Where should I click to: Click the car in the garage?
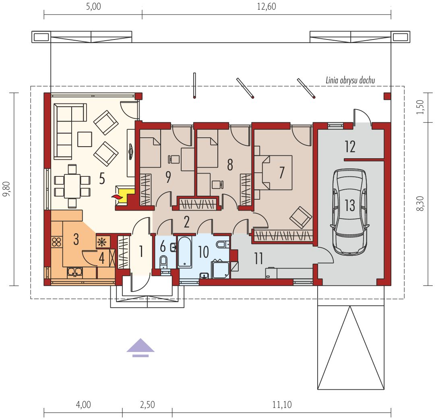coord(350,212)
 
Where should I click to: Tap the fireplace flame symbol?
coord(117,197)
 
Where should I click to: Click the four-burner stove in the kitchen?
coord(56,242)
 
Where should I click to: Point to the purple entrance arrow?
coord(141,348)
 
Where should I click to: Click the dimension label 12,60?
coord(267,6)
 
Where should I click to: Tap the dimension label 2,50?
coord(147,405)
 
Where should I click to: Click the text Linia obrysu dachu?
coord(350,81)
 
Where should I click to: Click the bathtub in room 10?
coord(185,252)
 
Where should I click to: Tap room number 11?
coord(258,259)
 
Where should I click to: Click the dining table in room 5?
coord(72,186)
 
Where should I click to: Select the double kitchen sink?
coord(74,272)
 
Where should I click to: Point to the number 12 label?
coord(350,147)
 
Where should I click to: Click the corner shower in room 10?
coord(221,269)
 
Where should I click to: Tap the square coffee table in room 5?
coord(85,139)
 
